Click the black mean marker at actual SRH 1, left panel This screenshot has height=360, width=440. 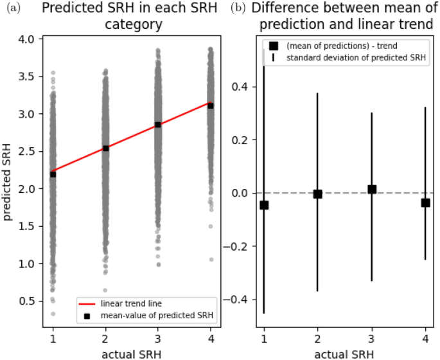tap(53, 174)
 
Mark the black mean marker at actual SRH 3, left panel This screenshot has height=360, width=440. tap(158, 125)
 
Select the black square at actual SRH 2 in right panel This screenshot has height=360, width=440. tap(317, 194)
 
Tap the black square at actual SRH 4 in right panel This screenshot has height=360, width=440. tap(425, 203)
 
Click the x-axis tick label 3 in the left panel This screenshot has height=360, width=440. tap(158, 337)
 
